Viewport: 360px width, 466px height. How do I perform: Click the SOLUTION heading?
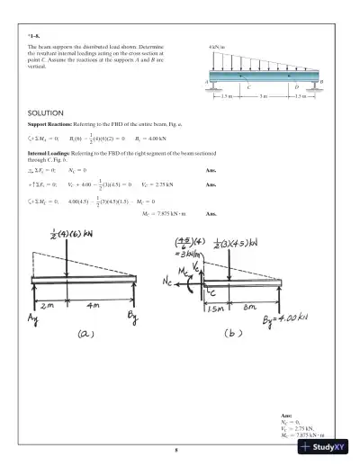[x=45, y=112]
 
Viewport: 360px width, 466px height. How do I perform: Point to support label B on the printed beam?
[x=321, y=82]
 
